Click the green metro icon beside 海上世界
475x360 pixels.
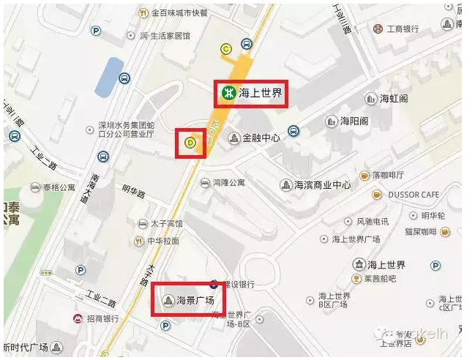228,93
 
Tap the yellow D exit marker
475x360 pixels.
190,143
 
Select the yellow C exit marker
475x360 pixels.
226,49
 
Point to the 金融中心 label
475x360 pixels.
261,138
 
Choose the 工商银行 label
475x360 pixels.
403,29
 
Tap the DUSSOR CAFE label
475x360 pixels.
414,195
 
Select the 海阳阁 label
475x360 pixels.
358,121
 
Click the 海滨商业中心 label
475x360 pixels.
322,185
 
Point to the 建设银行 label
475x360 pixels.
238,284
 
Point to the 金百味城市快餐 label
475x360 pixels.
179,12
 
